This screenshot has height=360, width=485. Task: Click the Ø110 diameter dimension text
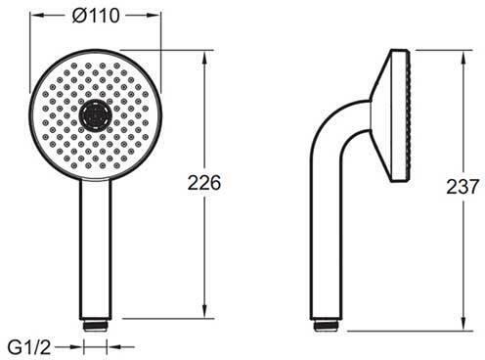point(96,16)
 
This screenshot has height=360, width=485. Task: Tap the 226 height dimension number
point(204,183)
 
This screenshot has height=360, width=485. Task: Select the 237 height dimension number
point(463,187)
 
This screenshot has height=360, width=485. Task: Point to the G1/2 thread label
point(29,347)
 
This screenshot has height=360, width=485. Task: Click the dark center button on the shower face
point(96,114)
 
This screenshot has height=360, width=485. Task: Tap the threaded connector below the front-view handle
point(95,326)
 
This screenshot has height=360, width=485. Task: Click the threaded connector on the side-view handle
point(327,326)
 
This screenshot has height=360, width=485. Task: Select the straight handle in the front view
point(96,249)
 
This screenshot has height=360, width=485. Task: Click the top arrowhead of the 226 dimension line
point(204,57)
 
